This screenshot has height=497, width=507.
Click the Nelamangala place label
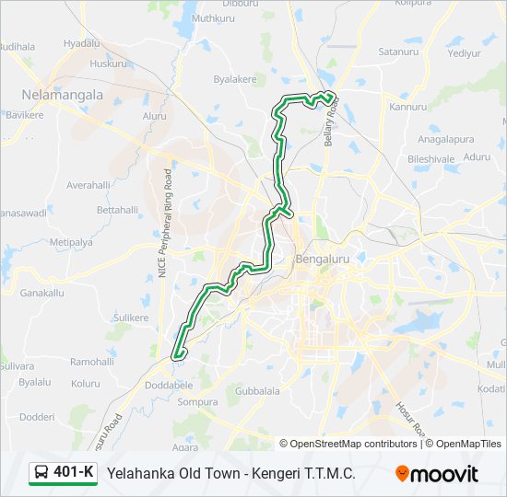(62, 95)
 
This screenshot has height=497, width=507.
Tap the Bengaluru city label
(323, 260)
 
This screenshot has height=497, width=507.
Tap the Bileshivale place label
(431, 158)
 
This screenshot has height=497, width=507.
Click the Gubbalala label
(257, 391)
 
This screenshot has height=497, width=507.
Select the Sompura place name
(197, 402)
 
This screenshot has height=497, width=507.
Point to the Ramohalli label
(91, 363)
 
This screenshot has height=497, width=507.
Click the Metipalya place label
(72, 242)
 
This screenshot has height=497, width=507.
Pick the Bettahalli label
(117, 211)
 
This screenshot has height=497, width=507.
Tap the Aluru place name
(154, 116)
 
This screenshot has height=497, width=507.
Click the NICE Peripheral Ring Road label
(164, 225)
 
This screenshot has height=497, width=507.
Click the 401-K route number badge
(74, 473)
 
